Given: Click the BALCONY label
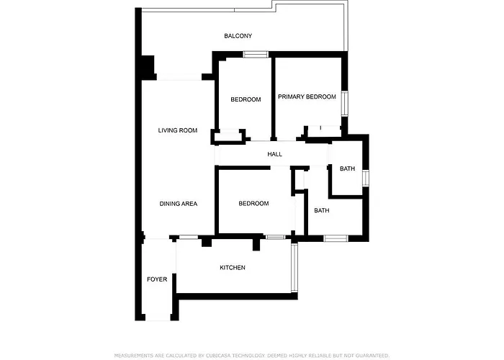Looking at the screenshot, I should pyautogui.click(x=238, y=35).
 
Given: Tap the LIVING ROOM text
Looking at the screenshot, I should pyautogui.click(x=178, y=130).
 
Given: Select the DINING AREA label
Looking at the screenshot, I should pyautogui.click(x=179, y=204).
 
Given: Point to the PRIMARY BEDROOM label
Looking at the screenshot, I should pyautogui.click(x=307, y=96).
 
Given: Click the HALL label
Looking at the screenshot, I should pyautogui.click(x=274, y=155).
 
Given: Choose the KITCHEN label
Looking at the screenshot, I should pyautogui.click(x=233, y=268).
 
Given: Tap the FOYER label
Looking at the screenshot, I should pyautogui.click(x=157, y=279).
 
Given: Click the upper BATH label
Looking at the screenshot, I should pyautogui.click(x=348, y=169).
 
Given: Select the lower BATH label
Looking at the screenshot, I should pyautogui.click(x=321, y=211).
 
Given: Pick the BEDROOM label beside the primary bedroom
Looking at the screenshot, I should pyautogui.click(x=246, y=99).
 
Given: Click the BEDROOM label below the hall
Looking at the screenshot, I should pyautogui.click(x=253, y=204).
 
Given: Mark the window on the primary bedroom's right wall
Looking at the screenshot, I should pyautogui.click(x=344, y=103).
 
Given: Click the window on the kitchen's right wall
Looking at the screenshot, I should pyautogui.click(x=294, y=267).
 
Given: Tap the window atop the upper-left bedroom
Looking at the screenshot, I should pyautogui.click(x=256, y=54).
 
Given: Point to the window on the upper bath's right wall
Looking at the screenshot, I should pyautogui.click(x=366, y=177).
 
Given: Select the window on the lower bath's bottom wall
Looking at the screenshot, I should pyautogui.click(x=336, y=238).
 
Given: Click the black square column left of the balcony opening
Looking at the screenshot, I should pyautogui.click(x=148, y=67).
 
